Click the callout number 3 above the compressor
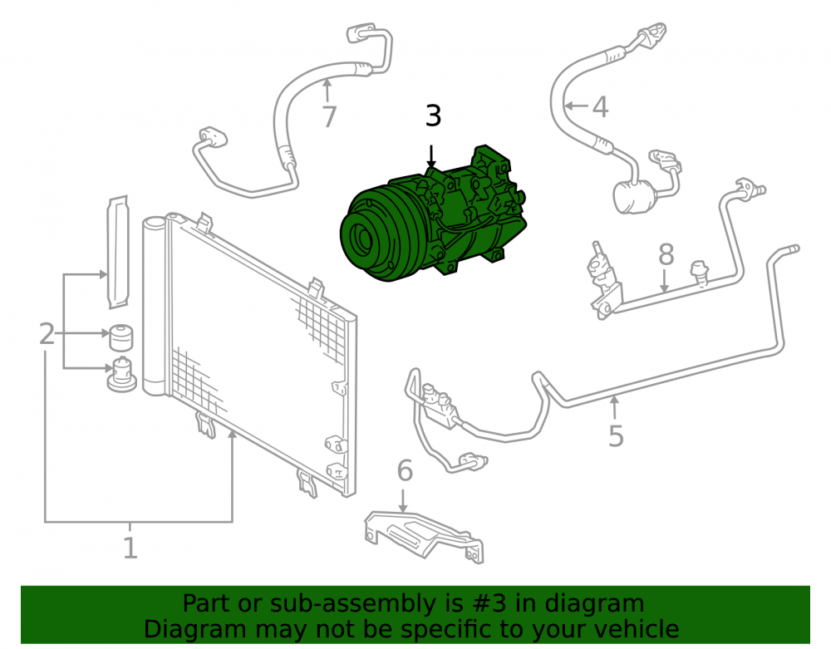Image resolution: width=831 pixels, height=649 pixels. point(433,116)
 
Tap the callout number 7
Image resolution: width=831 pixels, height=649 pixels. point(329,117)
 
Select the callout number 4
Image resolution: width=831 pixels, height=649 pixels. point(600,106)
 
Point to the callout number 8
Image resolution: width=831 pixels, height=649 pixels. point(666,254)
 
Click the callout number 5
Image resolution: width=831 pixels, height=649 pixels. point(616,436)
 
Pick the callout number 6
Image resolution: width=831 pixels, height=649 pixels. point(405,470)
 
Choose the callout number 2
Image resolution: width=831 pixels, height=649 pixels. point(47,334)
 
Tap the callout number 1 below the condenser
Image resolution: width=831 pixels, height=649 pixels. point(130,548)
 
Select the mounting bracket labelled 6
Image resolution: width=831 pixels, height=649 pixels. point(424,535)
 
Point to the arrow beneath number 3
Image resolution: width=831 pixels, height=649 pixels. point(432,157)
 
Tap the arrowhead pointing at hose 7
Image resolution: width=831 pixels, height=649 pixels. point(327,81)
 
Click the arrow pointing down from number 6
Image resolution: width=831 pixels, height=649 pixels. point(403,500)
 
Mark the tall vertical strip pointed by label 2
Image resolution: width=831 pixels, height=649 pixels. point(118,252)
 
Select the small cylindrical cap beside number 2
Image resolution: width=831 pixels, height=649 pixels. point(120,337)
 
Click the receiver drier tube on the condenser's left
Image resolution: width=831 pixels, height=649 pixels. point(155,307)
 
